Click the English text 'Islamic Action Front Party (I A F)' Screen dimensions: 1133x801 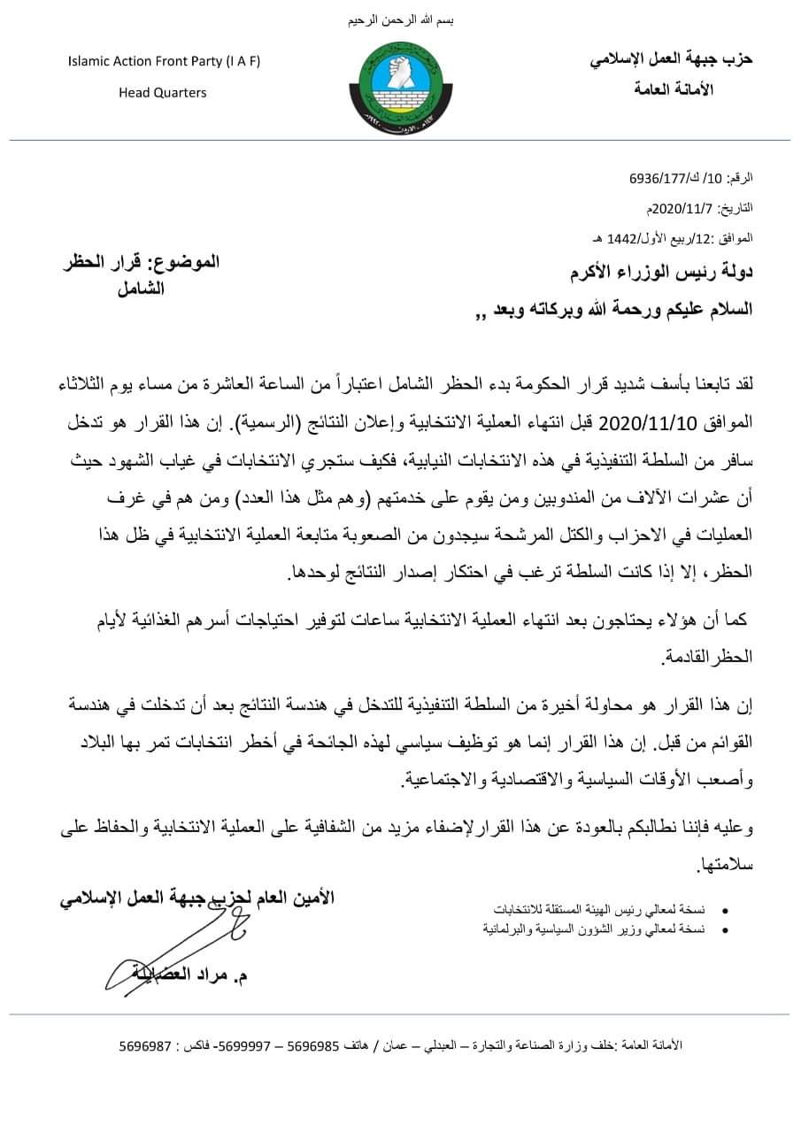click(x=164, y=61)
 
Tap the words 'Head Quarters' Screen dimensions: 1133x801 click(x=163, y=92)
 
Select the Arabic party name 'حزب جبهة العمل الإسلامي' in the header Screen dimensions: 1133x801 click(x=672, y=59)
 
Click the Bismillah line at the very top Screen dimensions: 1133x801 click(x=400, y=19)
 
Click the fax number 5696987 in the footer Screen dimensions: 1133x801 click(x=145, y=1045)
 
